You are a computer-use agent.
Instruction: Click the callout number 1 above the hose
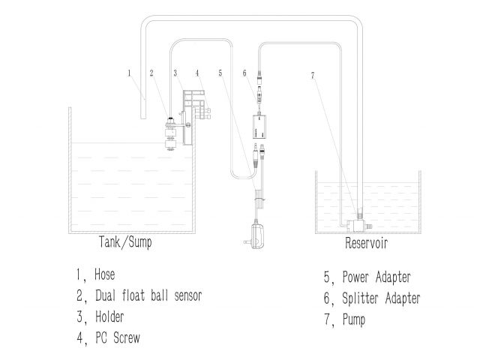[x=130, y=73]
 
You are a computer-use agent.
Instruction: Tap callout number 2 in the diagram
[x=151, y=73]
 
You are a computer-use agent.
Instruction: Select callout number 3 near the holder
[x=175, y=73]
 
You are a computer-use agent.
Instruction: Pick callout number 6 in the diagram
[x=244, y=73]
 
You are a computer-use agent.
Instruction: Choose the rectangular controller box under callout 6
[x=265, y=127]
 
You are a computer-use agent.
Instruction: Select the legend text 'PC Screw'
[x=118, y=337]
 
